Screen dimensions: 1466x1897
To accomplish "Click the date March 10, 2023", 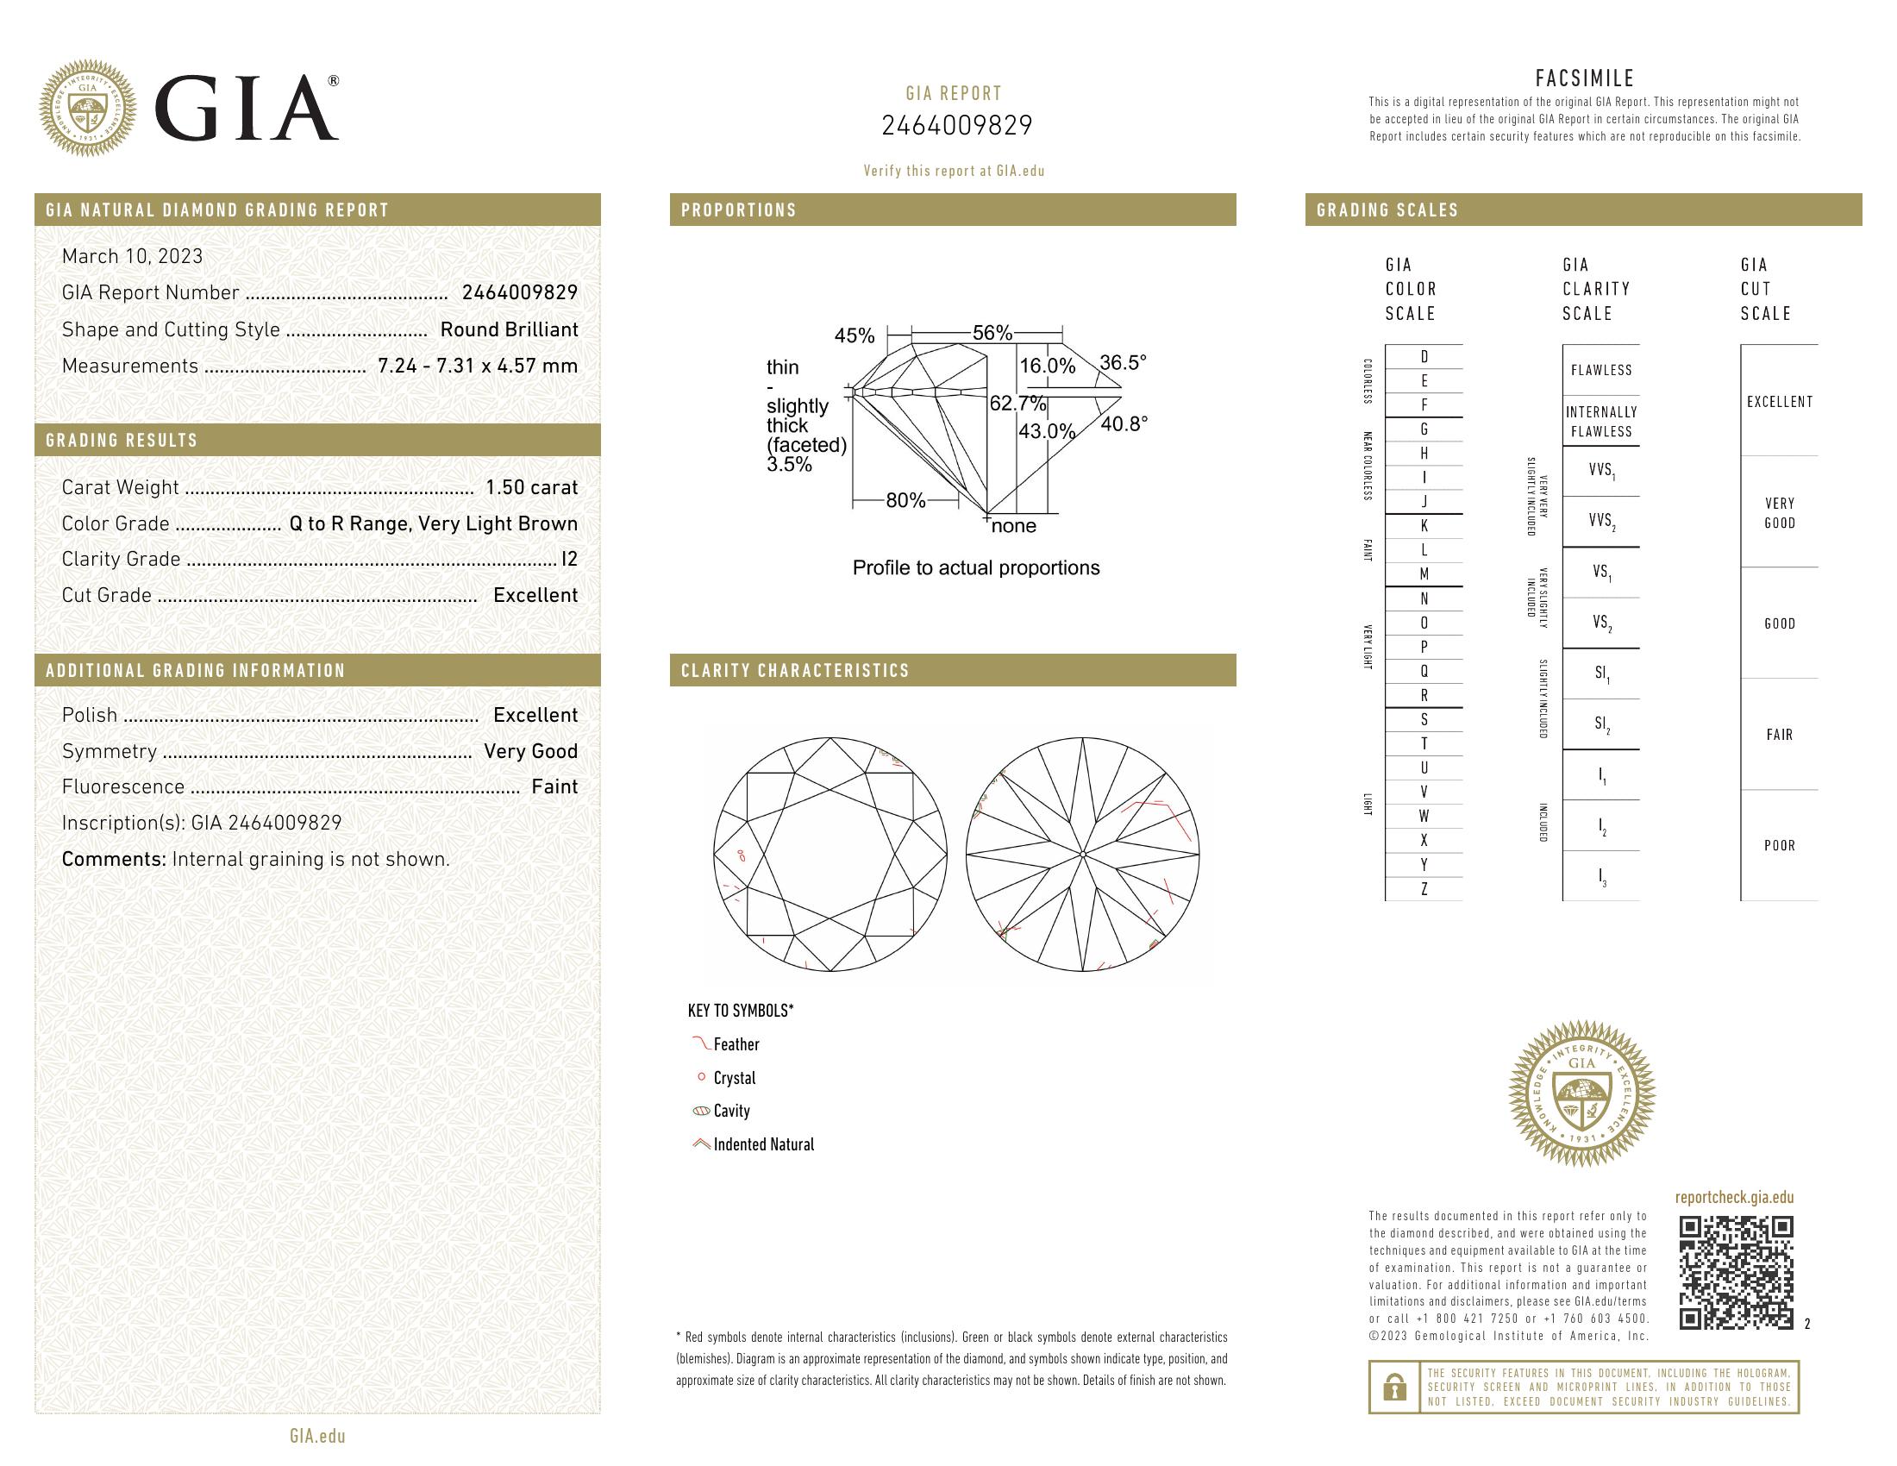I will coord(132,256).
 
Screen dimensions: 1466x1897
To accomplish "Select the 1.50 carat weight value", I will coord(530,487).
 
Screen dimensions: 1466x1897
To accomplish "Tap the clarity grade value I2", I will coord(569,560).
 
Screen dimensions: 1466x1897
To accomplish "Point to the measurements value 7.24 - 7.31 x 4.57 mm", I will coord(477,366).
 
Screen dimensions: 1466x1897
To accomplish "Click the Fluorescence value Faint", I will coord(554,786).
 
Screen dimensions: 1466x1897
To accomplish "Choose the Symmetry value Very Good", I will coord(529,751).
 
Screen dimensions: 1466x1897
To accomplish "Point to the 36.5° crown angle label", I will coord(1122,362).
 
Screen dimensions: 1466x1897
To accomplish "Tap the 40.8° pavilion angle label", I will coord(1123,423).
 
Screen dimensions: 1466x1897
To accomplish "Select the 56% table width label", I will coord(992,333).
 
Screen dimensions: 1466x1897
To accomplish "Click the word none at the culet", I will coord(1013,526).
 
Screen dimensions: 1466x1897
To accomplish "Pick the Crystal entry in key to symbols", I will coord(734,1078).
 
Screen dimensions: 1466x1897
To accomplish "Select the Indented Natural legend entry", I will coord(762,1144).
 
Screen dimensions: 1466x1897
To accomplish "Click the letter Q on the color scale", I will coord(1424,671).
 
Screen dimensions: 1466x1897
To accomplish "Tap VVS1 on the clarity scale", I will coord(1601,471).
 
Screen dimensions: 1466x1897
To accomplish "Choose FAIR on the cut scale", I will coord(1779,735).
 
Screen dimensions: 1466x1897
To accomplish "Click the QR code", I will coord(1736,1272).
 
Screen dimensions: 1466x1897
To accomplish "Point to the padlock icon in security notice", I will coord(1394,1387).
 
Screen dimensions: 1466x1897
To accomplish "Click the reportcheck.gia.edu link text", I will coord(1734,1198).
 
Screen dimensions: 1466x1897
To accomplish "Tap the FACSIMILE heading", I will coord(1584,78).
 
